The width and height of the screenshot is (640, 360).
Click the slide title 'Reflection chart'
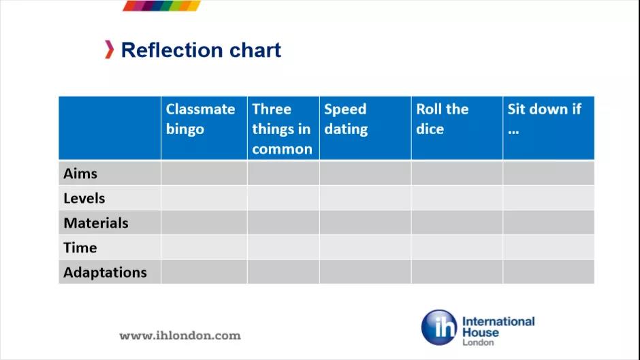pyautogui.click(x=201, y=50)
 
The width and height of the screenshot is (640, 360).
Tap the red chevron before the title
pyautogui.click(x=109, y=50)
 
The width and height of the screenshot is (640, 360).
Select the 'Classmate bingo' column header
pyautogui.click(x=200, y=119)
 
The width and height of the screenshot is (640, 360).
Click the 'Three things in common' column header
pyautogui.click(x=282, y=129)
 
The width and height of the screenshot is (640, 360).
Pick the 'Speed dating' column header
pyautogui.click(x=346, y=119)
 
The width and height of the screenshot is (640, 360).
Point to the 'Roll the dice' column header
pyautogui.click(x=442, y=119)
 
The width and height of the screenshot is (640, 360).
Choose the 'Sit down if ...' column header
pyautogui.click(x=544, y=119)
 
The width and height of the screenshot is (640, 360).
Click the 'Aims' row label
pyautogui.click(x=80, y=174)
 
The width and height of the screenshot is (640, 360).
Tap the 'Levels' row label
pyautogui.click(x=84, y=198)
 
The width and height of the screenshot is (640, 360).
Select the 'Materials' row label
pyautogui.click(x=96, y=223)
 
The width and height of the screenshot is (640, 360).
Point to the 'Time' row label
pyautogui.click(x=80, y=248)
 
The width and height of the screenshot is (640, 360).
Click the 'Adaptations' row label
pyautogui.click(x=105, y=272)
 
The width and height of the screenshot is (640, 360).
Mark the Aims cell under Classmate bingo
pyautogui.click(x=204, y=173)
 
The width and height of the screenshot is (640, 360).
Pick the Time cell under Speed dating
pyautogui.click(x=366, y=247)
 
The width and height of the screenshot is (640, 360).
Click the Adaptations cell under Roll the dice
pyautogui.click(x=457, y=272)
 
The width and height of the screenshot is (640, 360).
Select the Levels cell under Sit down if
pyautogui.click(x=549, y=198)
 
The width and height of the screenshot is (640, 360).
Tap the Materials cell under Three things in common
pyautogui.click(x=283, y=223)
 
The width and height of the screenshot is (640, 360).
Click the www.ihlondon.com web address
pyautogui.click(x=180, y=336)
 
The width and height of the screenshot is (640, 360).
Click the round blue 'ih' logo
pyautogui.click(x=439, y=327)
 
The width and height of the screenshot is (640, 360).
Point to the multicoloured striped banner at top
pyautogui.click(x=161, y=5)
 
